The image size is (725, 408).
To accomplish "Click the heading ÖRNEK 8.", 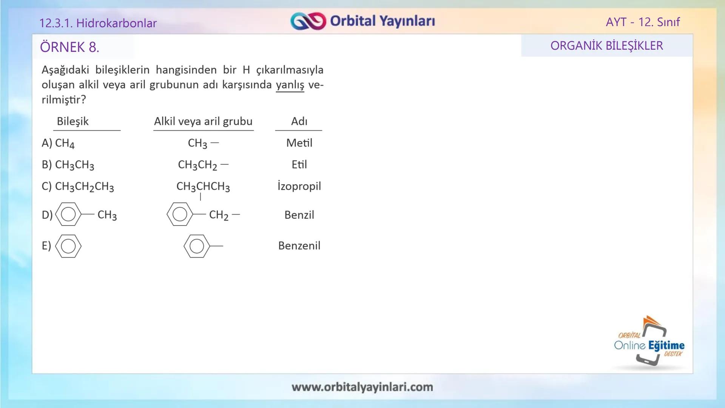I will coord(69,47).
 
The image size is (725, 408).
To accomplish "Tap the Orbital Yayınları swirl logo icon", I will coord(308,21).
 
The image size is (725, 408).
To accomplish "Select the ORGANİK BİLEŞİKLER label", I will coord(606,46).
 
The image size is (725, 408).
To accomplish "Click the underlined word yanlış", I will coord(290,85).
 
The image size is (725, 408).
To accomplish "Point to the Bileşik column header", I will coord(72,121).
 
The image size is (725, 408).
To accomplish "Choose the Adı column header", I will coord(299,121).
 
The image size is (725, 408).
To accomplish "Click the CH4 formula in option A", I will coord(65,143).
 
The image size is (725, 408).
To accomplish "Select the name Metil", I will coord(299,143).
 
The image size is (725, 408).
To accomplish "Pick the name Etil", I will coord(299,164).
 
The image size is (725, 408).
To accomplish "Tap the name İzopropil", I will coord(299,186).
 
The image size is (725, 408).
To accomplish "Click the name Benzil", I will coord(299,215).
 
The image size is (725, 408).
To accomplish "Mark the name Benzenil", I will coord(299,246).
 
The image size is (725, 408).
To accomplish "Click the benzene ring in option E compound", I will coord(68,246).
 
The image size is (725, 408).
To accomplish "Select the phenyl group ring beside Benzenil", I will coord(197,246).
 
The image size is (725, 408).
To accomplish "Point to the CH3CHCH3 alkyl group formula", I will coord(203,187).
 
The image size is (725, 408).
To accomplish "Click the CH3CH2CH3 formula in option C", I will coord(84,187).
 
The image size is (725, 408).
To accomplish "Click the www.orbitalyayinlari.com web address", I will coord(362,387).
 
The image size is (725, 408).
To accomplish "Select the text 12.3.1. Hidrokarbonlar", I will coord(98,23).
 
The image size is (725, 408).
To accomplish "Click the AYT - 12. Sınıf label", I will coord(643,22).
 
